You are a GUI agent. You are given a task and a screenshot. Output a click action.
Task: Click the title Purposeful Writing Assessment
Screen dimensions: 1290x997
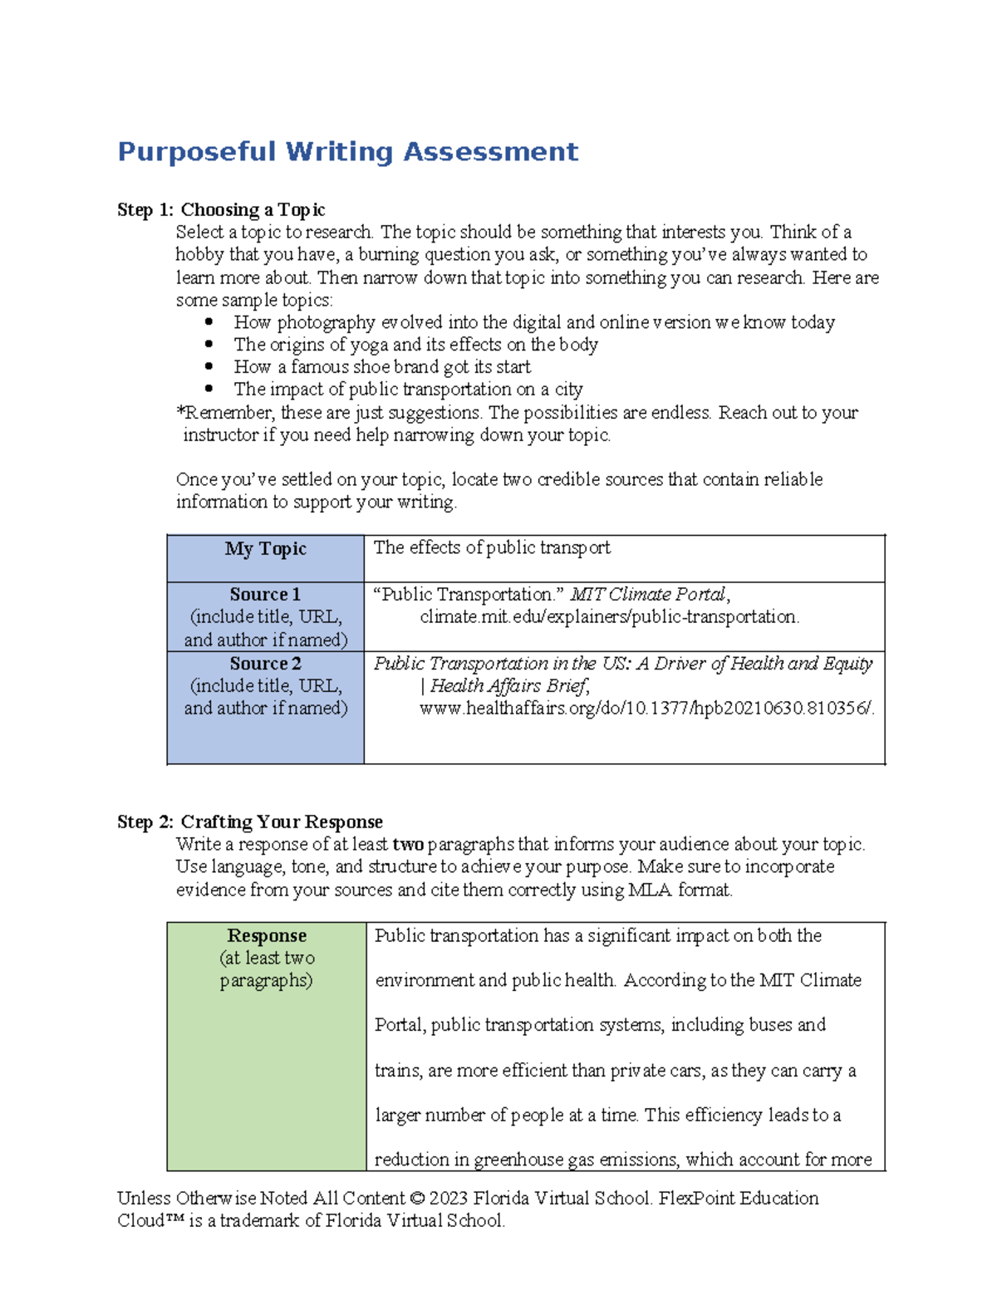(x=347, y=152)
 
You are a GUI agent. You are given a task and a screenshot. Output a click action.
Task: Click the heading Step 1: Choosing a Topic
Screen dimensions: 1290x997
(x=221, y=209)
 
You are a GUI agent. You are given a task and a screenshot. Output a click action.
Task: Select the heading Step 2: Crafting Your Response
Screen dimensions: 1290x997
(x=249, y=822)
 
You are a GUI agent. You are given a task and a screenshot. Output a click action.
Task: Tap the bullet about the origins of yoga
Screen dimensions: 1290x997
(x=415, y=345)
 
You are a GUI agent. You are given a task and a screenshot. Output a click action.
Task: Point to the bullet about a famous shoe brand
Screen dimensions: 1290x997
(x=382, y=367)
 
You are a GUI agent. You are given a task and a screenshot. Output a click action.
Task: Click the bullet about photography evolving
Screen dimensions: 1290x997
(x=533, y=322)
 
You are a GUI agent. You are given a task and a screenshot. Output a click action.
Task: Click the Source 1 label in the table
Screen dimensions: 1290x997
(x=265, y=595)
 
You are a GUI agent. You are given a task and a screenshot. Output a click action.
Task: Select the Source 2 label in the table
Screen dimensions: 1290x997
(x=265, y=664)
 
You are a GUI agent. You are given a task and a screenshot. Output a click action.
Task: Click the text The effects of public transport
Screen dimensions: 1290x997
(x=492, y=548)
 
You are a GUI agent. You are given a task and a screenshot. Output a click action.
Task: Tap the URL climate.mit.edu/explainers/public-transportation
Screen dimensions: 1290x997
(x=609, y=617)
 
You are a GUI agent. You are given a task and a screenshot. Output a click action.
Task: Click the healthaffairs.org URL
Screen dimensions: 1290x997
(x=646, y=709)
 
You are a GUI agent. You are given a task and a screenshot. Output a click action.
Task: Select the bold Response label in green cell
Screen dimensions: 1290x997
(x=267, y=936)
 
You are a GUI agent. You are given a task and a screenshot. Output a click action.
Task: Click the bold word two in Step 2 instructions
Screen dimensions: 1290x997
(x=408, y=845)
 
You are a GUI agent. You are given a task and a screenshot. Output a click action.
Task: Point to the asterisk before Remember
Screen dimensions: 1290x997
(x=179, y=411)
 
